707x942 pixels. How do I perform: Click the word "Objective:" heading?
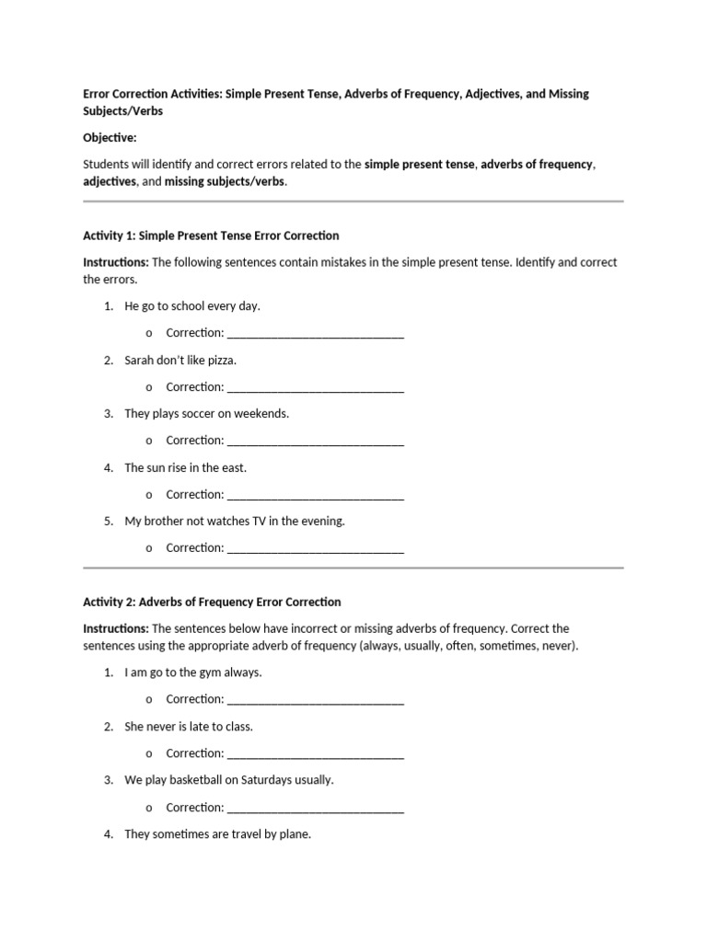click(110, 138)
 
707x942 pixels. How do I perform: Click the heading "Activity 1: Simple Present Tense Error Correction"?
click(212, 235)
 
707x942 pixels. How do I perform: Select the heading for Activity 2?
click(212, 602)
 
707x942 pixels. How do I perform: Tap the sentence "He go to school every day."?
click(199, 305)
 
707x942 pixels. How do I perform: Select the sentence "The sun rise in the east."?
click(186, 467)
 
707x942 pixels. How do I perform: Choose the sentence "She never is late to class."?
click(189, 726)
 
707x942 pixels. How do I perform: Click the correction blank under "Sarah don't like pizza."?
click(315, 388)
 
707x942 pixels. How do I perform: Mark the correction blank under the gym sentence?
click(315, 700)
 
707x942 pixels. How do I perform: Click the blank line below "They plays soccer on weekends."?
click(315, 442)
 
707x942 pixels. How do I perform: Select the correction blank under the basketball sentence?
click(315, 809)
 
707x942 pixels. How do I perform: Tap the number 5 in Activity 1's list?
click(109, 521)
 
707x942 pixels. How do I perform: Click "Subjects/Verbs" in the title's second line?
click(126, 110)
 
